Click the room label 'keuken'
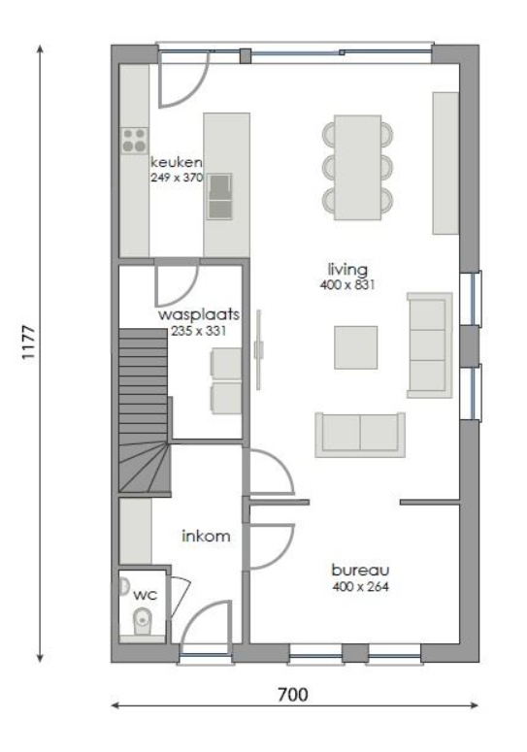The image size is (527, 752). (176, 162)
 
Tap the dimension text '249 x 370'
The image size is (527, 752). (177, 178)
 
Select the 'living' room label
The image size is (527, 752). (347, 270)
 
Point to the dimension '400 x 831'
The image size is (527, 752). (347, 285)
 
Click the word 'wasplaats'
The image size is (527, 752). (199, 315)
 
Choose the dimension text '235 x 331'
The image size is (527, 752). (199, 331)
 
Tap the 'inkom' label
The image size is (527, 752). (206, 536)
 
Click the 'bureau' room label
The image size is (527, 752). (360, 571)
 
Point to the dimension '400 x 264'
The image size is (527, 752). (360, 586)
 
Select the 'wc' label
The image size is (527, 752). (146, 595)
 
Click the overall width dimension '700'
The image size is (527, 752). (293, 695)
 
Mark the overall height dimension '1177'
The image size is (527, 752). (28, 343)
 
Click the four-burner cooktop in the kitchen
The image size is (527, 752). (134, 141)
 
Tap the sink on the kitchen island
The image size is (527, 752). (219, 196)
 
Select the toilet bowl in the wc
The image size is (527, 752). (141, 622)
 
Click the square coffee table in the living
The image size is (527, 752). (356, 347)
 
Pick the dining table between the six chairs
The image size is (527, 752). (358, 167)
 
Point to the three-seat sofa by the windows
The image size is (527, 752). (430, 345)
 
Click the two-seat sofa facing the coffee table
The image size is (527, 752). (360, 435)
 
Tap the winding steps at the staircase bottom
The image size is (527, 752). (144, 468)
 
